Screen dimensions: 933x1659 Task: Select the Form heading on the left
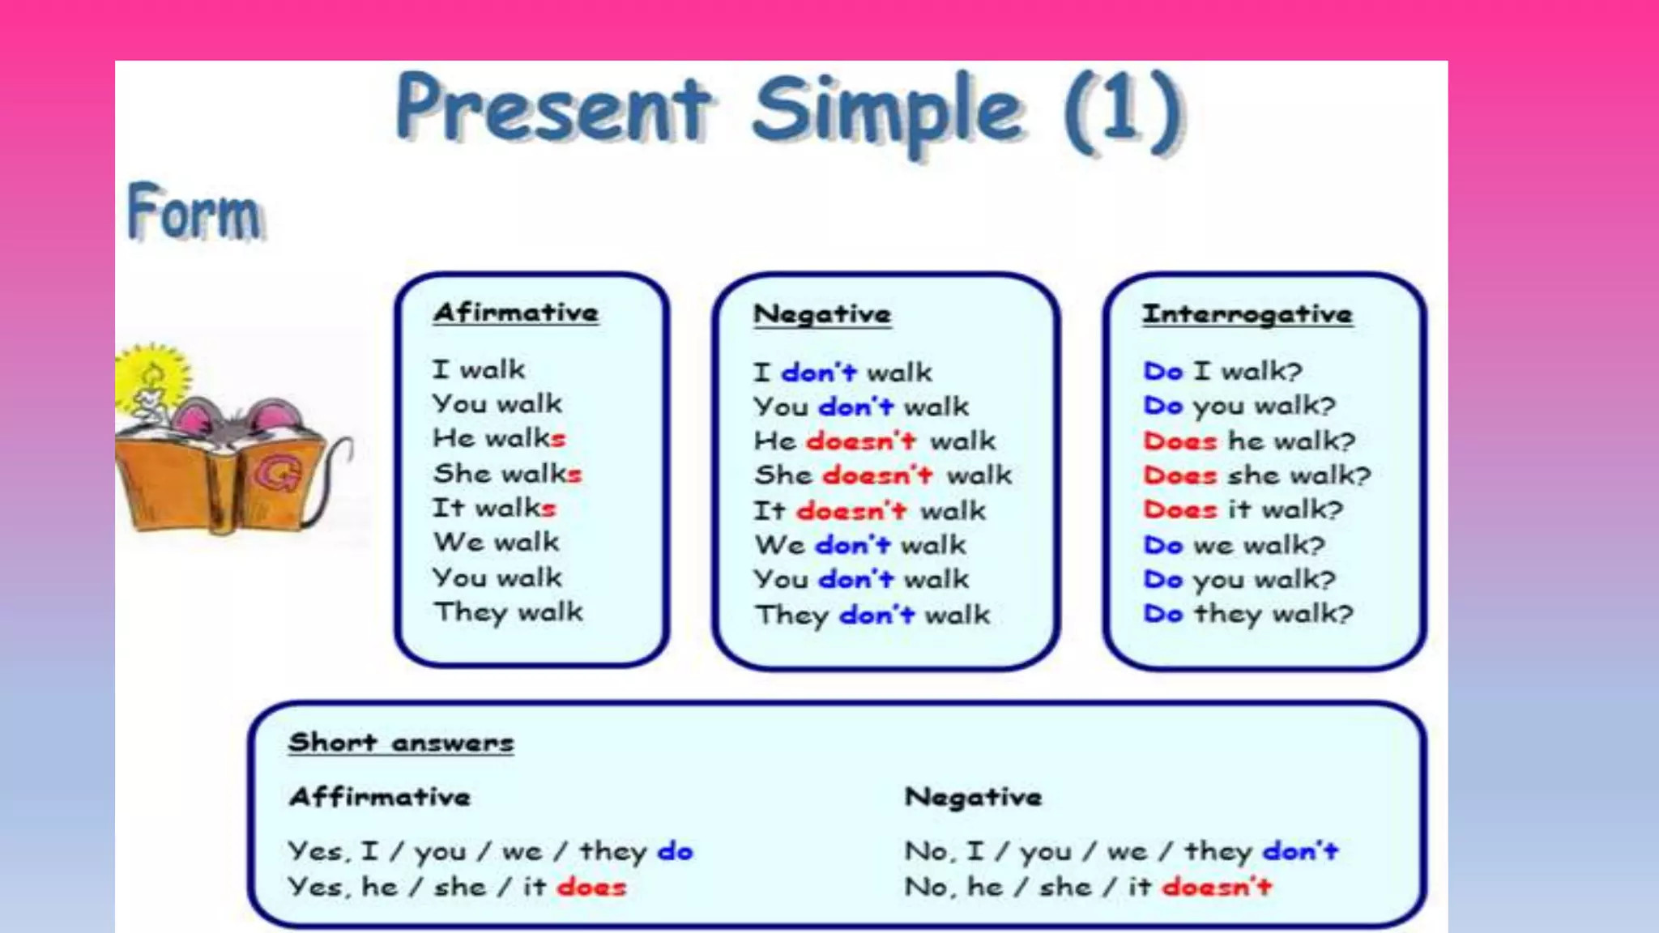(x=194, y=212)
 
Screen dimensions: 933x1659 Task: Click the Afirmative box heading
(x=516, y=313)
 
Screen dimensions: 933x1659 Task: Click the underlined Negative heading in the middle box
(x=821, y=314)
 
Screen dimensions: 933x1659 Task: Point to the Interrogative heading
(x=1247, y=314)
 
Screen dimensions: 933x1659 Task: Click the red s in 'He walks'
(x=557, y=439)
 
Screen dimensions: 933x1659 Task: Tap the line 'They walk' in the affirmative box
(x=508, y=612)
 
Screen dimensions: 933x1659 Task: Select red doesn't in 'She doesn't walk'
(x=877, y=475)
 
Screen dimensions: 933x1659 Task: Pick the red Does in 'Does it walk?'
(x=1179, y=509)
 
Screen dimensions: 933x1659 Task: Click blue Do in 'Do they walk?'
(x=1163, y=614)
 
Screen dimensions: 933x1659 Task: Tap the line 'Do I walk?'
(x=1222, y=371)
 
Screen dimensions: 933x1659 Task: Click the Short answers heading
(x=401, y=743)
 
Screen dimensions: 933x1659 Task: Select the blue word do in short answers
(x=675, y=851)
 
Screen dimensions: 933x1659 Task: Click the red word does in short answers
(x=591, y=887)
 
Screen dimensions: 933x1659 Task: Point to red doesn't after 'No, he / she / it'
(x=1217, y=887)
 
